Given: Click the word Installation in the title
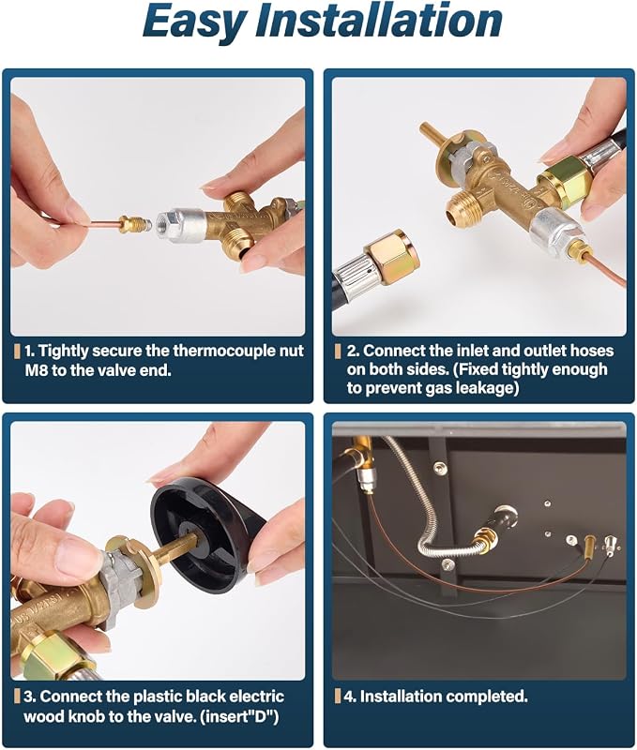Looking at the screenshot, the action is pos(379,19).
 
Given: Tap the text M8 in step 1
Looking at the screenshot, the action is pos(36,370).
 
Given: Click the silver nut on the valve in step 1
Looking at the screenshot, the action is pos(174,223).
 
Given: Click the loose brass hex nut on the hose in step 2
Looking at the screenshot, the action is pos(392,256).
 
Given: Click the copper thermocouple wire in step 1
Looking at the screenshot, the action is pos(104,223).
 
